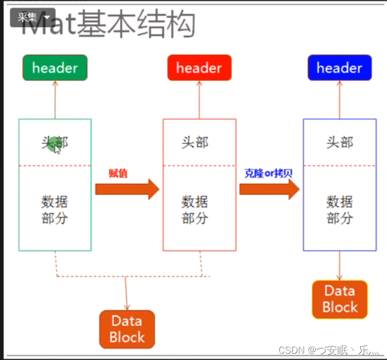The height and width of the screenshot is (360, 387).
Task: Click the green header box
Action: [x=55, y=68]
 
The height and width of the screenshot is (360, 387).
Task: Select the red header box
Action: [x=199, y=68]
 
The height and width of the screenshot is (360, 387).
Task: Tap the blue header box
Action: [x=339, y=68]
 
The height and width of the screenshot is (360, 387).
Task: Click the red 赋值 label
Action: [x=118, y=173]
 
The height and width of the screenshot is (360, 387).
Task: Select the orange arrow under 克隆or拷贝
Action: [x=269, y=189]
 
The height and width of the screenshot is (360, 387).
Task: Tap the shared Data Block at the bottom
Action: [x=127, y=329]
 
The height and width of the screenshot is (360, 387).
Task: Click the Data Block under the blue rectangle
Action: [x=340, y=299]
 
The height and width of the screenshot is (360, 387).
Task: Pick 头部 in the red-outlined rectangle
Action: [x=195, y=142]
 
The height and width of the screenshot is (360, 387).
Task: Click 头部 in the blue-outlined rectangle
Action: [x=340, y=142]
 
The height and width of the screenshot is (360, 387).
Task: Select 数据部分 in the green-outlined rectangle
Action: [x=55, y=210]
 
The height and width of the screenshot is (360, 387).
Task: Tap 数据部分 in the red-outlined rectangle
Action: [x=195, y=210]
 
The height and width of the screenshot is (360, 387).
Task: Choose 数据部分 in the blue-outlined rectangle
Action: [x=340, y=210]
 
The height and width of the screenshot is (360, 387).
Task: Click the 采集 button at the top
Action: [x=32, y=17]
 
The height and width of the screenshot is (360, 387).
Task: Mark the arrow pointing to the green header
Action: [x=55, y=100]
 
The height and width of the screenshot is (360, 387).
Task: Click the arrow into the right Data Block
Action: [x=340, y=266]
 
